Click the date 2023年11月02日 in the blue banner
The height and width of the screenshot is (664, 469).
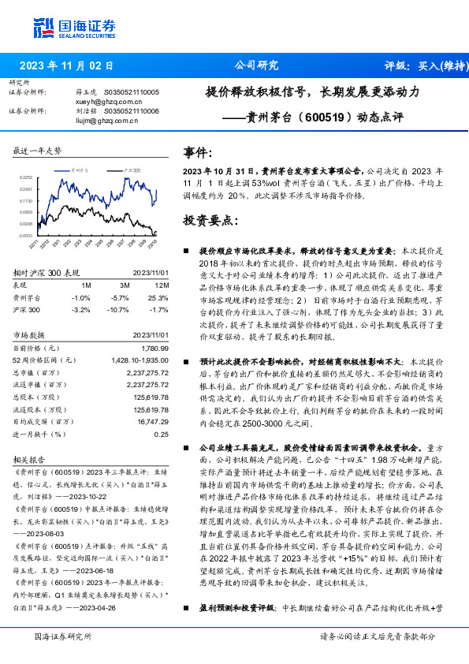point(66,66)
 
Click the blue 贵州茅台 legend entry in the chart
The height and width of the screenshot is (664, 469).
point(80,170)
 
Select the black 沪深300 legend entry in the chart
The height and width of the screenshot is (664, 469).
point(131,170)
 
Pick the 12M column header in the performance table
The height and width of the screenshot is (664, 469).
point(162,285)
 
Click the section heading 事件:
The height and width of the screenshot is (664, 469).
point(198,153)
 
